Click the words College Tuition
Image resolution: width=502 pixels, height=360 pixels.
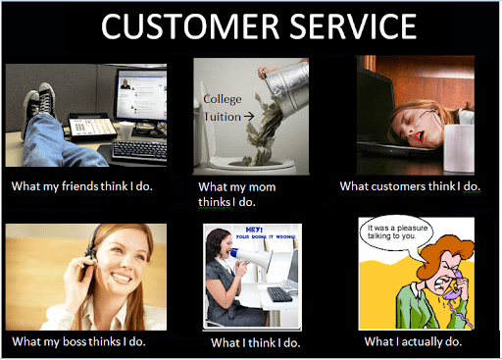click(x=224, y=107)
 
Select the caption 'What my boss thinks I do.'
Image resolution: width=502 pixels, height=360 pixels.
click(x=81, y=341)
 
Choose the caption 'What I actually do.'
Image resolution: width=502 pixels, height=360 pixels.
click(x=413, y=341)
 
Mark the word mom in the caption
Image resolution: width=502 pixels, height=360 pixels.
click(x=262, y=186)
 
